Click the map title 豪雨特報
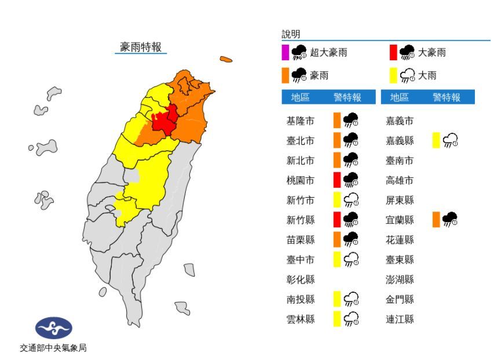click(141, 48)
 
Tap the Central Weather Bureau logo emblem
click(54, 328)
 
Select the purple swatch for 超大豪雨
click(285, 53)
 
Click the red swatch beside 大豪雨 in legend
click(393, 53)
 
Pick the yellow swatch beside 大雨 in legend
click(393, 75)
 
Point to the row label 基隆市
click(301, 121)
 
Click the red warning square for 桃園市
click(336, 180)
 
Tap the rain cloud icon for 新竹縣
click(350, 219)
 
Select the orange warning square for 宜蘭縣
click(436, 219)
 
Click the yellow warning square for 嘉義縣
click(436, 141)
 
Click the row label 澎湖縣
click(400, 280)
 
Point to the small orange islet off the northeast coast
click(226, 59)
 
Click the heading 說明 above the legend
click(291, 35)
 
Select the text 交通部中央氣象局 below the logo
click(53, 348)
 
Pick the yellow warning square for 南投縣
click(336, 299)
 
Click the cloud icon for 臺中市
click(350, 260)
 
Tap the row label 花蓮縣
click(400, 240)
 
